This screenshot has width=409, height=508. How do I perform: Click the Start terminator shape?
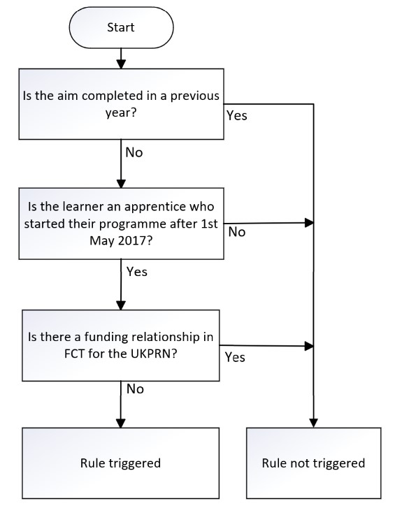coord(121,27)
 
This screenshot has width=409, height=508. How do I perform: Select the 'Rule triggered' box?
coord(120,463)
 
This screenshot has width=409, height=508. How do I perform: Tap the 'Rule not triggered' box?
coord(313,463)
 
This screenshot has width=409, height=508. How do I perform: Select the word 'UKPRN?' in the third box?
coord(154,354)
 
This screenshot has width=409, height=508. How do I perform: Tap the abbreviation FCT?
coord(74,354)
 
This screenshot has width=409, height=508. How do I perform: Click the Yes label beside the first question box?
coord(236,116)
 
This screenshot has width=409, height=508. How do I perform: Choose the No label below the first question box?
coord(134,152)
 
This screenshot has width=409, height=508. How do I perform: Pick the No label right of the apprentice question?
coord(237,232)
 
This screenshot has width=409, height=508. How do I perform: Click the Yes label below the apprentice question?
coord(137,272)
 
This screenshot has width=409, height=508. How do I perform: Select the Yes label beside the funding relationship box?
coord(235,357)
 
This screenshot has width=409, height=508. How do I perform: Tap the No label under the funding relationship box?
coord(135,389)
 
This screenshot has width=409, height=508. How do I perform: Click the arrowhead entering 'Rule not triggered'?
coord(313,423)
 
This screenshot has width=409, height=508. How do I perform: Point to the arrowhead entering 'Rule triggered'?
coord(121,423)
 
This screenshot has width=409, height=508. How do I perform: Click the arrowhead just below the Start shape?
coord(121,64)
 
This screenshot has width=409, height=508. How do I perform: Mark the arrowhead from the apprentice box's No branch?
coord(310,223)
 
